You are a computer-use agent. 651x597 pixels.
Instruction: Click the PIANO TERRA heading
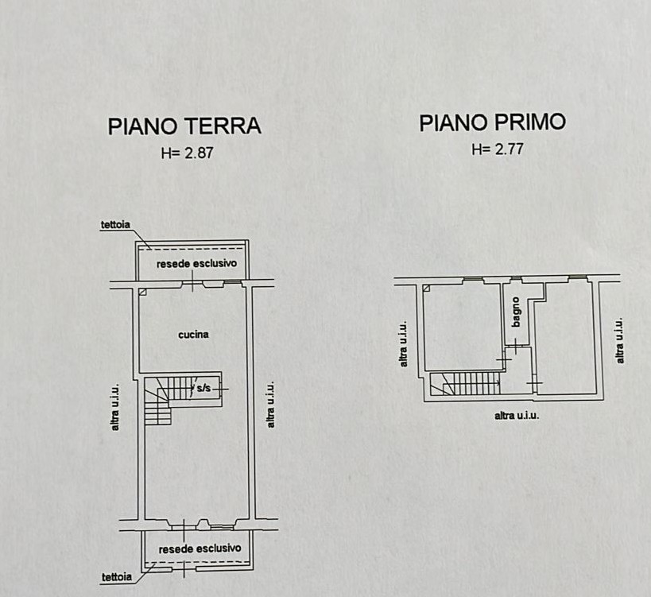tap(184, 126)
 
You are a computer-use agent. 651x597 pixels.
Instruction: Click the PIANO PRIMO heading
tap(492, 123)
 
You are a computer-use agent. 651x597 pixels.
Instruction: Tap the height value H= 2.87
tap(188, 153)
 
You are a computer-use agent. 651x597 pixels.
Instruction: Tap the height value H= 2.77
tap(497, 149)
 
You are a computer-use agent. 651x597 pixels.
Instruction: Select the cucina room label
tap(193, 335)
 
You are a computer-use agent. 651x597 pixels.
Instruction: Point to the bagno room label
tap(516, 312)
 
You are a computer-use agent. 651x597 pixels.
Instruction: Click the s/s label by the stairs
tap(203, 389)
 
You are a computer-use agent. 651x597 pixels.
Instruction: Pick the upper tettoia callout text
tap(115, 225)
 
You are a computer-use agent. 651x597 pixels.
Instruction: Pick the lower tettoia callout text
tap(117, 577)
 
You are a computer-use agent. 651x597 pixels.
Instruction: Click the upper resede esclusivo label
tap(196, 264)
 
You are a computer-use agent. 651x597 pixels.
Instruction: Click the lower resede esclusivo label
tap(200, 549)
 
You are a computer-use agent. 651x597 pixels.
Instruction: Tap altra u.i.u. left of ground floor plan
tap(115, 407)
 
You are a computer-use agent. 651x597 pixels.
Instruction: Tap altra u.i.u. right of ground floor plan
tap(270, 405)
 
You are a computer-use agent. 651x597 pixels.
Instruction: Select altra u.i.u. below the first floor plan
tap(517, 416)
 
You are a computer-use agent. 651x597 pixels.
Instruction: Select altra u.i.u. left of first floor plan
tap(403, 344)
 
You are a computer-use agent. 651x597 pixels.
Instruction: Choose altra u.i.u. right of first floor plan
tap(620, 340)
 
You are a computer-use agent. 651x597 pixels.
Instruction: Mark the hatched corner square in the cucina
tap(142, 292)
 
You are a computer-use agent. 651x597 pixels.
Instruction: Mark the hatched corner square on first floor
tap(426, 288)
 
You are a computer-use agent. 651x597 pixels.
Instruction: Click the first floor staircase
tap(466, 383)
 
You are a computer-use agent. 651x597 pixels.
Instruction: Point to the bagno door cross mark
tap(516, 346)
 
